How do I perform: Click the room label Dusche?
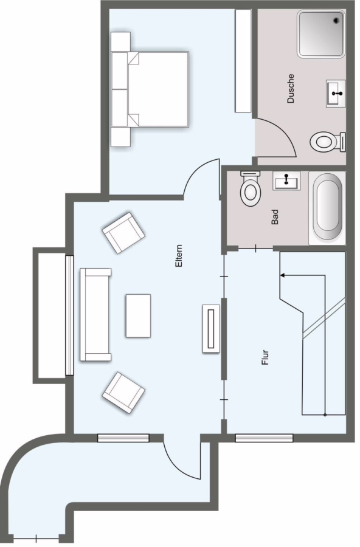click(x=291, y=89)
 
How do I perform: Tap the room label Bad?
click(x=275, y=216)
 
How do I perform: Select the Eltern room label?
click(x=179, y=256)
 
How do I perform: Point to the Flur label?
click(x=265, y=357)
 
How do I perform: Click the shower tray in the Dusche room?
click(x=321, y=33)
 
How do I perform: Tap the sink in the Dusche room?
click(x=336, y=93)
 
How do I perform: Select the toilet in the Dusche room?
click(x=328, y=142)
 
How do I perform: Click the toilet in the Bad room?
click(x=251, y=188)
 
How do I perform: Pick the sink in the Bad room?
click(x=286, y=181)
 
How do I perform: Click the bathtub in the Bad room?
click(x=327, y=208)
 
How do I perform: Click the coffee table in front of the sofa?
click(x=138, y=315)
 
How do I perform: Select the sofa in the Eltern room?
click(x=95, y=314)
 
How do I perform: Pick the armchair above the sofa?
click(x=123, y=233)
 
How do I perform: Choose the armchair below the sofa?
click(x=123, y=393)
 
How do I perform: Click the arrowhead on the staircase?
click(x=282, y=275)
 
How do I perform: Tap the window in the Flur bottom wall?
click(x=264, y=438)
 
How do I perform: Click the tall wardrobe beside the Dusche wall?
click(x=243, y=61)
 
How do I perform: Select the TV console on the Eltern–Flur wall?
click(x=211, y=329)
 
